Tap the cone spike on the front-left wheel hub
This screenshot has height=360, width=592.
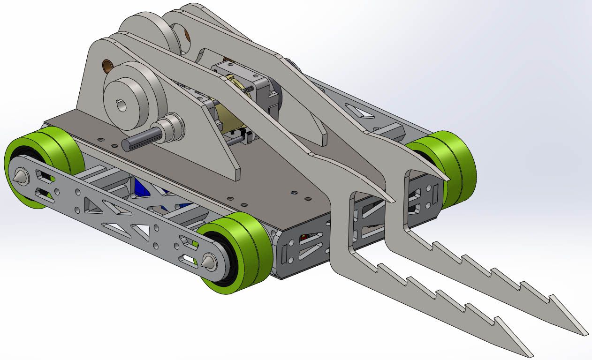207,262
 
